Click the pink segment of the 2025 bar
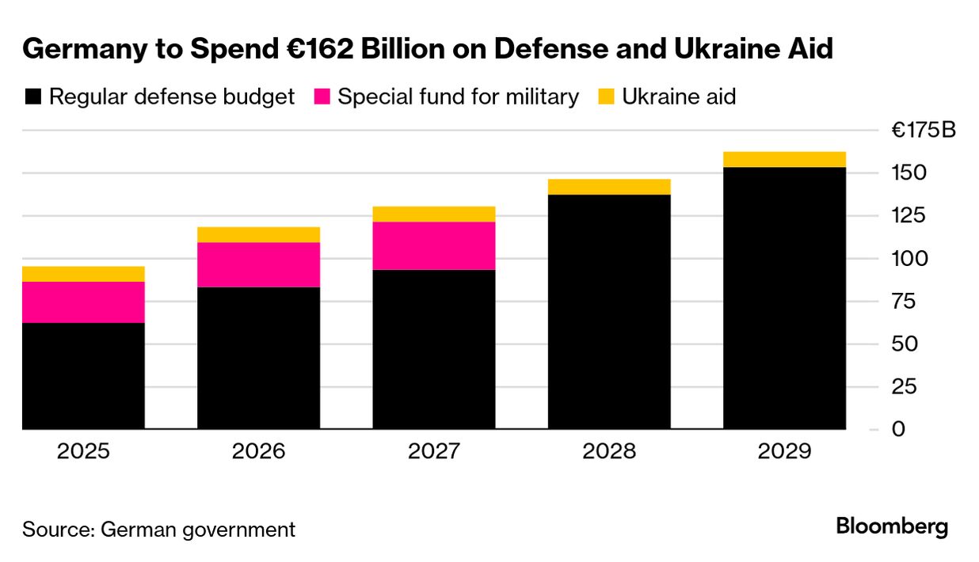(x=83, y=302)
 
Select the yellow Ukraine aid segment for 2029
(x=784, y=159)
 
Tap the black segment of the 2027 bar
(x=434, y=349)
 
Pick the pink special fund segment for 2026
(x=258, y=264)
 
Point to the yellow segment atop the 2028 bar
(x=609, y=187)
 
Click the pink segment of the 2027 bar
(x=434, y=245)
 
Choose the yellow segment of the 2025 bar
(x=83, y=274)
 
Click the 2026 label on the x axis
(x=258, y=452)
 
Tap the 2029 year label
(x=784, y=452)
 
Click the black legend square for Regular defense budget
(x=32, y=97)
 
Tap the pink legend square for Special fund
(x=322, y=97)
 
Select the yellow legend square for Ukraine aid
(x=606, y=97)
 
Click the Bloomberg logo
(x=892, y=527)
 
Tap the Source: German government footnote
(x=158, y=529)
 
